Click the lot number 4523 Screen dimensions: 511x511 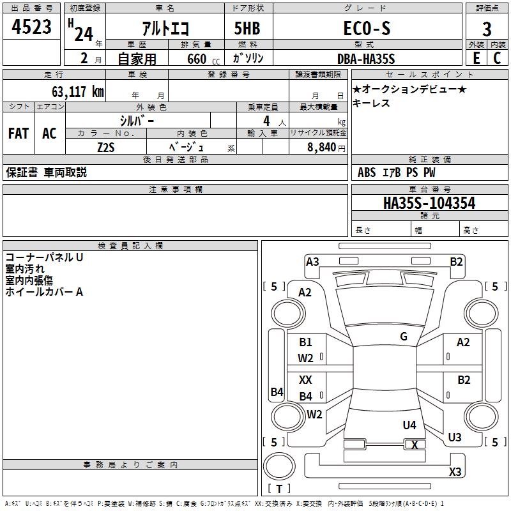(x=32, y=29)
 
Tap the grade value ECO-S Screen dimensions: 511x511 (x=365, y=29)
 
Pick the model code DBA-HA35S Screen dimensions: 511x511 (x=366, y=59)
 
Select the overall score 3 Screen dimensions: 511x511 (x=487, y=29)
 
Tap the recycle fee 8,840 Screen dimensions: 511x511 (x=319, y=147)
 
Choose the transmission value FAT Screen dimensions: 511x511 (x=19, y=133)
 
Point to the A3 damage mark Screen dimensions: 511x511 (x=312, y=261)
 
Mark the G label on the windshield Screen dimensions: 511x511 (x=404, y=337)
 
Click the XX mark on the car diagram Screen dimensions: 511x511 (x=306, y=380)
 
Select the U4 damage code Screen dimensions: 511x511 (x=409, y=425)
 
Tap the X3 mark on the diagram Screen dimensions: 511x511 (x=455, y=472)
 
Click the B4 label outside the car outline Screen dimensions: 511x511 (x=277, y=392)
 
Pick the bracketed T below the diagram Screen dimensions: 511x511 (x=278, y=489)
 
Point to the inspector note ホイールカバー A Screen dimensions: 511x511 (x=44, y=292)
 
